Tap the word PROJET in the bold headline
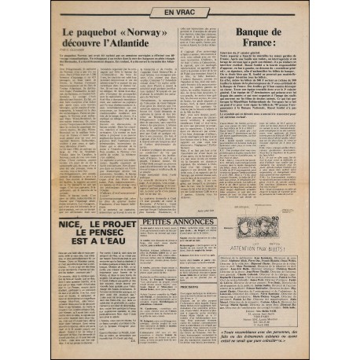pyautogui.click(x=112, y=224)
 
